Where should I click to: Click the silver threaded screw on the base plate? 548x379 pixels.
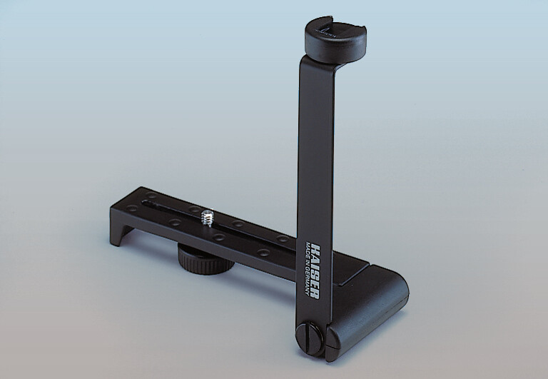click(x=208, y=218)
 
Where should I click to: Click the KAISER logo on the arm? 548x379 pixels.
click(x=315, y=272)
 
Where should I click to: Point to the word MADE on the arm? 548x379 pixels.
click(x=308, y=250)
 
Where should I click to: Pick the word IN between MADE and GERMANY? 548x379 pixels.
click(x=307, y=263)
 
